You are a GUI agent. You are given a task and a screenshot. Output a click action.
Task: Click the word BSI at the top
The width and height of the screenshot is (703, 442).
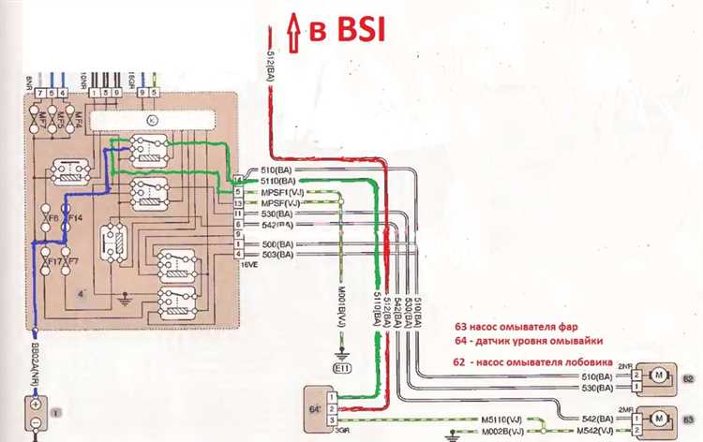point(348,29)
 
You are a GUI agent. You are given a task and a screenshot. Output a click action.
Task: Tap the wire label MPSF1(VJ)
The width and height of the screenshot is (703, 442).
point(279,191)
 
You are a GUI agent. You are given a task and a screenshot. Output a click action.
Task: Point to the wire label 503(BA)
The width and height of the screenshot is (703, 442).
point(274,255)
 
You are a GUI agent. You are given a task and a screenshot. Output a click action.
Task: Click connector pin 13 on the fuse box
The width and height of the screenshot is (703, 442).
point(238,203)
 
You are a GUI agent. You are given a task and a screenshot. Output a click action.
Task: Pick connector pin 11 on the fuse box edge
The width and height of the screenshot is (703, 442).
point(238,214)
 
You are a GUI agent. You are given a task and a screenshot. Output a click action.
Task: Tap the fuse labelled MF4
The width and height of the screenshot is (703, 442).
point(78,119)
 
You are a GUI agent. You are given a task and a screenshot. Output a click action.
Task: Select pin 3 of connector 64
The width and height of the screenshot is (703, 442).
point(330,421)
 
